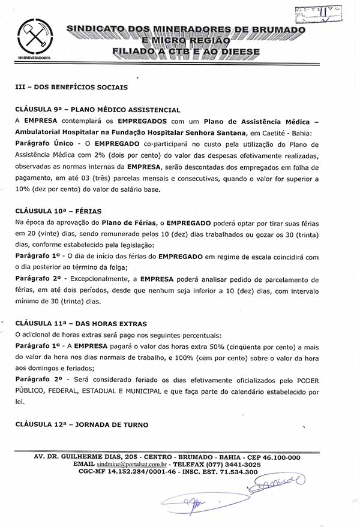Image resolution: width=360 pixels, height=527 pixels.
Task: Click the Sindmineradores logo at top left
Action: coord(34,40)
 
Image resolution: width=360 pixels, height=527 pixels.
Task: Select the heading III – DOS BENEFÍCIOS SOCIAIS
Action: coord(71,87)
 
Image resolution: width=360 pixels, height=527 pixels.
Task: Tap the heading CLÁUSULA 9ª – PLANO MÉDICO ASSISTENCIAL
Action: coord(98,110)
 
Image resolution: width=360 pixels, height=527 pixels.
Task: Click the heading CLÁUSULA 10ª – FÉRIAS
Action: coord(58,211)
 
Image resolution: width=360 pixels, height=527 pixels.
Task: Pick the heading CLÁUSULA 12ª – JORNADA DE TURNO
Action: coord(82,424)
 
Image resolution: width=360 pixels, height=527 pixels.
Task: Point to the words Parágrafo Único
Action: coord(44,143)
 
